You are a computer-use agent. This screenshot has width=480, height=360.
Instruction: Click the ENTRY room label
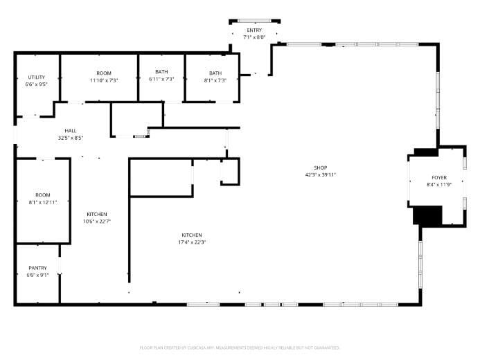click(255, 31)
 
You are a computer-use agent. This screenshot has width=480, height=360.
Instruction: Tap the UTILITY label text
click(37, 77)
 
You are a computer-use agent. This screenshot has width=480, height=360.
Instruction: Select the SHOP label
click(319, 168)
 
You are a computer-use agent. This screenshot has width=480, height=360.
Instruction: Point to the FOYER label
click(439, 177)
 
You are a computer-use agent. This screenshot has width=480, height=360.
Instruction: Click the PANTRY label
click(37, 268)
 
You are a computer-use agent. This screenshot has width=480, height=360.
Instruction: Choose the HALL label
click(71, 131)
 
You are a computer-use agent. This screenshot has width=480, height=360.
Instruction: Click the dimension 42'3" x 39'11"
click(319, 174)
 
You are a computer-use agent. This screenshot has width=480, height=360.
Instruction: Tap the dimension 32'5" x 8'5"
click(71, 138)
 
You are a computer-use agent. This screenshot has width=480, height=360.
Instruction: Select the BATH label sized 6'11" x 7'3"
click(161, 73)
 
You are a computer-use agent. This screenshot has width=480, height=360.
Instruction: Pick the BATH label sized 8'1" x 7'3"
click(215, 73)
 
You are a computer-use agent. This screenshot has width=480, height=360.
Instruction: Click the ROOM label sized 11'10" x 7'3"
click(104, 73)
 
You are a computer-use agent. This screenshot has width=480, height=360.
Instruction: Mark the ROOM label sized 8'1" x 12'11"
click(43, 195)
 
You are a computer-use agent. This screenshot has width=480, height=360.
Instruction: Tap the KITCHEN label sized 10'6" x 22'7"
click(97, 214)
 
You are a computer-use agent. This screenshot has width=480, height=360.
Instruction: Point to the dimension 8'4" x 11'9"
click(439, 184)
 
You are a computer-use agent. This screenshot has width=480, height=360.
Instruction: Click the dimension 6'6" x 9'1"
click(37, 275)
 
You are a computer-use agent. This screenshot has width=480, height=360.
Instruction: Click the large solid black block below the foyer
click(426, 215)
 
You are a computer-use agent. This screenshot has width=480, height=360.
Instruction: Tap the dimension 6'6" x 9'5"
click(37, 84)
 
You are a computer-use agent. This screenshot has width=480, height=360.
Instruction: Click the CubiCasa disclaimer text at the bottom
click(240, 348)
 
